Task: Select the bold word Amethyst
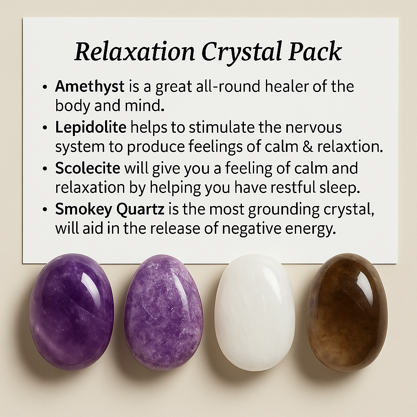click(90, 86)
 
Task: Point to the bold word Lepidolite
click(91, 127)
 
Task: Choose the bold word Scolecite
click(88, 168)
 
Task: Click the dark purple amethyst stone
click(71, 312)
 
